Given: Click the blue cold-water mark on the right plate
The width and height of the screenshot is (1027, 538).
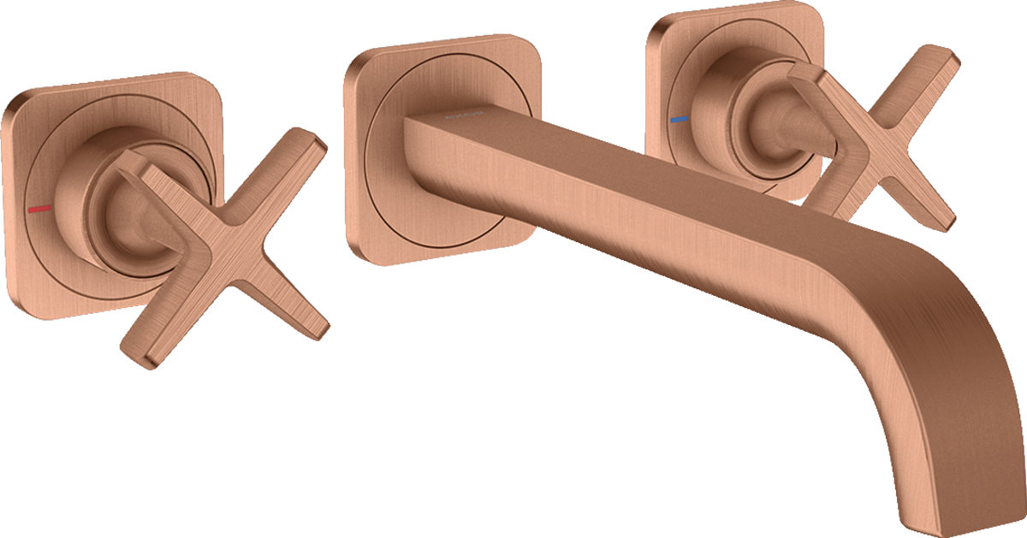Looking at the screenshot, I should point(680,121).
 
